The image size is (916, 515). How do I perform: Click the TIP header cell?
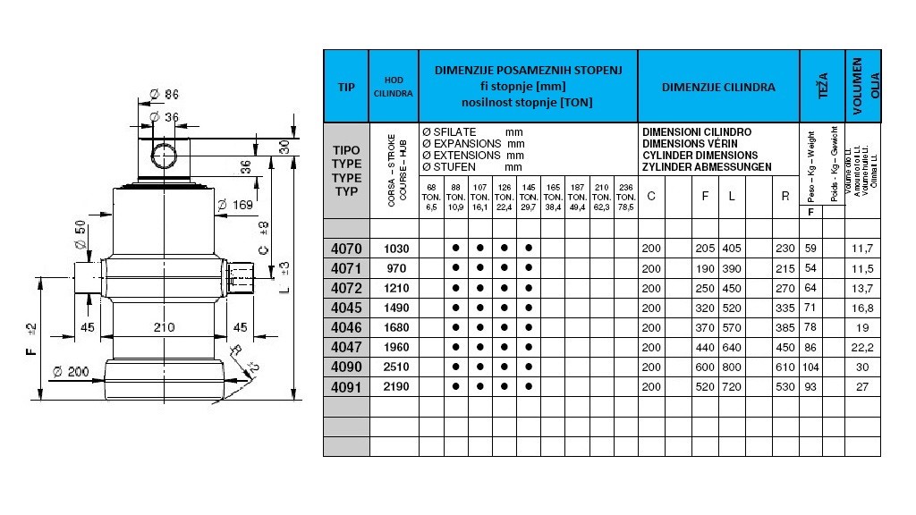(346, 87)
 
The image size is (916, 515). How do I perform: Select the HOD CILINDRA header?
(394, 87)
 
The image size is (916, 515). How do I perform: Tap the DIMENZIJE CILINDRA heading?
(718, 88)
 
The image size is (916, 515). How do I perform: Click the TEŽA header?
(823, 86)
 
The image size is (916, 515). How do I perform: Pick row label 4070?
(346, 248)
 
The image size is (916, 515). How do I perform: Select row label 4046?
(346, 326)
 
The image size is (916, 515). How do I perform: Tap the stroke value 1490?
(394, 307)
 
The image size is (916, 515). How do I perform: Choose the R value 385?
(785, 326)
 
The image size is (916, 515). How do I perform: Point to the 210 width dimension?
(163, 327)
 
